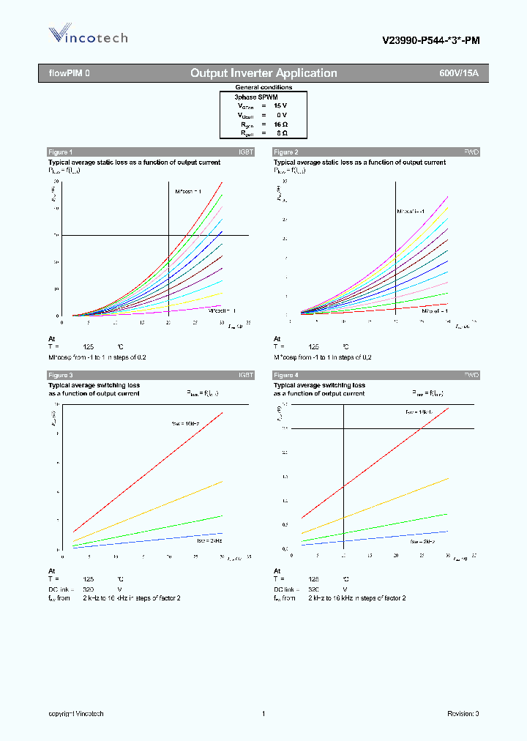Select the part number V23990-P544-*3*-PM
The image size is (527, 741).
tap(431, 41)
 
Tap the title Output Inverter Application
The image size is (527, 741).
tap(263, 73)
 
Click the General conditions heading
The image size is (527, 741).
tap(263, 87)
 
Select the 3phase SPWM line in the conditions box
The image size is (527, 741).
tap(256, 97)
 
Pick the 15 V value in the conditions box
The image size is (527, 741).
tap(280, 106)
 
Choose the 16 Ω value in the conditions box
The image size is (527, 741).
tap(280, 124)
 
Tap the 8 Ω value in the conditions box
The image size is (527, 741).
tap(282, 134)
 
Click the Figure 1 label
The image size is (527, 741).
tap(61, 152)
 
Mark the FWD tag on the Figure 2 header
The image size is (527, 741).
tap(471, 152)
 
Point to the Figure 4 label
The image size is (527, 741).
tap(286, 375)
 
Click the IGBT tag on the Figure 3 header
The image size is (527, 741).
tap(246, 375)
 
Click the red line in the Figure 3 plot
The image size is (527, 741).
tap(146, 472)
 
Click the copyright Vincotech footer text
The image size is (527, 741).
tap(76, 713)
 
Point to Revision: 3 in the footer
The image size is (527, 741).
tap(463, 713)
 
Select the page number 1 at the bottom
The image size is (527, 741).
tap(263, 713)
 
